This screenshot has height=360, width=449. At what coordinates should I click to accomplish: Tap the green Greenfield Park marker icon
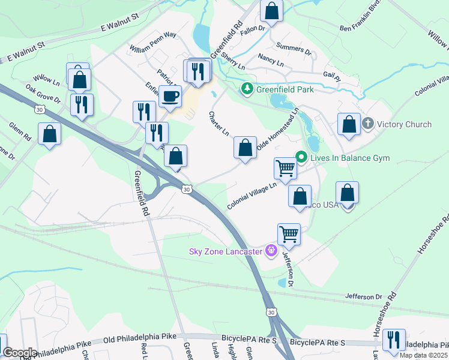[x=246, y=89]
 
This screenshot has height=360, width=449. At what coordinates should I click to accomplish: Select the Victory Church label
[x=405, y=124]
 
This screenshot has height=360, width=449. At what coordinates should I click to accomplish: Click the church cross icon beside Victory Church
[x=367, y=124]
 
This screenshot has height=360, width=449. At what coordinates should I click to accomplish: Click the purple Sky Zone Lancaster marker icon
[x=271, y=250]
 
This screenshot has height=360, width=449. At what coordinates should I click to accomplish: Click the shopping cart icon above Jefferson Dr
[x=289, y=234]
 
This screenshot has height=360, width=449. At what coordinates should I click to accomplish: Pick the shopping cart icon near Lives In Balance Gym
[x=285, y=168]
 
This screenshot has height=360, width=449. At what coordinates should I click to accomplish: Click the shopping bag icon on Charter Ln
[x=245, y=147]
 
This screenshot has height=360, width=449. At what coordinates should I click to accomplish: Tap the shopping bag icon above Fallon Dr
[x=271, y=11]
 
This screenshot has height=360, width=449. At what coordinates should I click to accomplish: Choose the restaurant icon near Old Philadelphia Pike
[x=394, y=340]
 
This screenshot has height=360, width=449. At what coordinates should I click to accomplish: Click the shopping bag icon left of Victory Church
[x=349, y=124]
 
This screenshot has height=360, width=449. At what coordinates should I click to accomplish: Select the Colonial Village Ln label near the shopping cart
[x=252, y=197]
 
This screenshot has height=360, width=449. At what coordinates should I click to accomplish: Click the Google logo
[x=20, y=352]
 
